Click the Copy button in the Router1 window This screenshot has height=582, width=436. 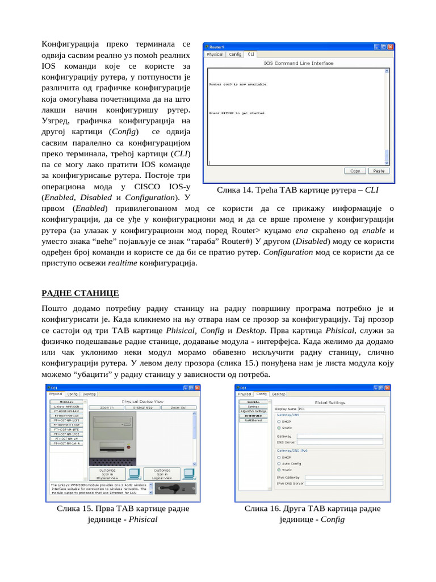point(355,171)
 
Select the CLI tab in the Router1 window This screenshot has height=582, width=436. point(251,55)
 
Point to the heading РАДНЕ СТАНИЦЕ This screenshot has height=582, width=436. point(79,293)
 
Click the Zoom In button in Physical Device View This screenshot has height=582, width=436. point(107,408)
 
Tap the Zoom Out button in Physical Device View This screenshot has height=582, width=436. point(179,408)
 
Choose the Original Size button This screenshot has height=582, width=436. point(142,408)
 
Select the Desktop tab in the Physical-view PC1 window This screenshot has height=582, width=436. point(89,393)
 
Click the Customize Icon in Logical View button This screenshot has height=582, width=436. point(162,474)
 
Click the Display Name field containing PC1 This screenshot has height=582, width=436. point(340,409)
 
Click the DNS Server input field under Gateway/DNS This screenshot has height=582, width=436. point(340,442)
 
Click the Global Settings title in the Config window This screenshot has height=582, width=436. point(329,402)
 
